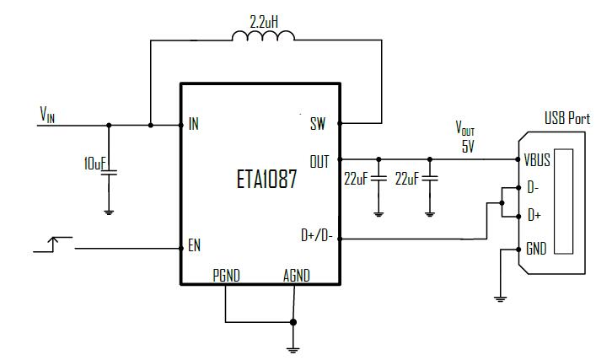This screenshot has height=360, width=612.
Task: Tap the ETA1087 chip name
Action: click(266, 180)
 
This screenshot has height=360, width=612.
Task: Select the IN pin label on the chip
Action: click(194, 125)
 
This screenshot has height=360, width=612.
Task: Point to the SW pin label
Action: click(318, 125)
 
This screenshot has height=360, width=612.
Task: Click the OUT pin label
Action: click(319, 159)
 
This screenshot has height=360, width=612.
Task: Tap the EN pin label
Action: click(195, 247)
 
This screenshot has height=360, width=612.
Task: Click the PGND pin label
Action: click(226, 276)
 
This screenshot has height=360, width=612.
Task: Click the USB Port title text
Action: click(566, 119)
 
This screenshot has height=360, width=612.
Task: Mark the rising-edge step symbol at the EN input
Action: click(52, 245)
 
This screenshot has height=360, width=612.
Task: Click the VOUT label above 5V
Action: click(464, 129)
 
